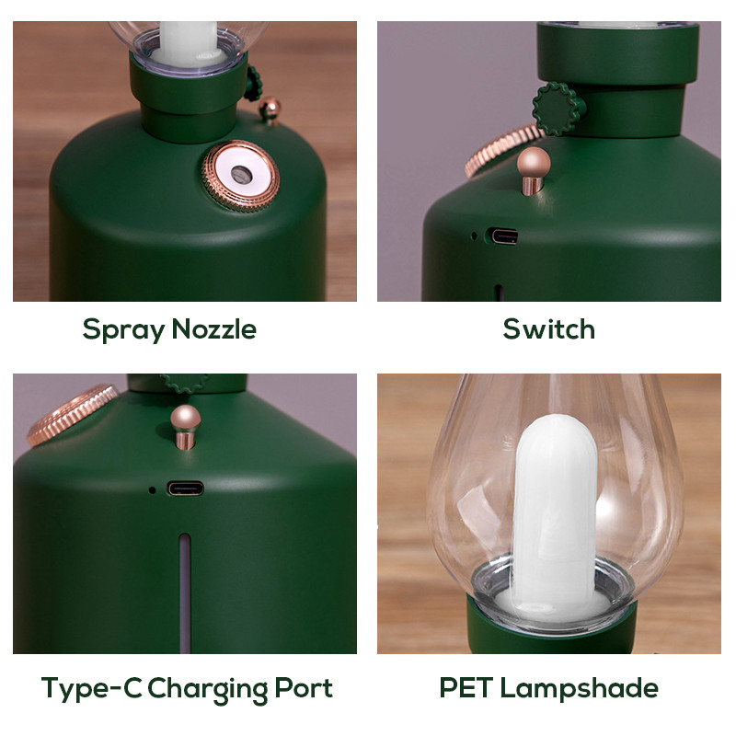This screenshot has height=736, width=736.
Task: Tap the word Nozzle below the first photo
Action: pyautogui.click(x=211, y=329)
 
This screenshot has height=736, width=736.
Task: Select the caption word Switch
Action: pyautogui.click(x=549, y=329)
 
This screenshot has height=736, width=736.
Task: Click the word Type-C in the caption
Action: pyautogui.click(x=90, y=688)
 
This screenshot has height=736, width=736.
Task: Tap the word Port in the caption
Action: pyautogui.click(x=304, y=688)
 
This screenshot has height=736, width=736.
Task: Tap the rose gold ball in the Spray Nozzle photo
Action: pyautogui.click(x=270, y=109)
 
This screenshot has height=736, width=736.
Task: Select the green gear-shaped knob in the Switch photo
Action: pyautogui.click(x=558, y=109)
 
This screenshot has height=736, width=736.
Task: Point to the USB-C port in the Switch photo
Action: pyautogui.click(x=503, y=236)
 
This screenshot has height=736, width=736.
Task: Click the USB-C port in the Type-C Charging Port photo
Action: pyautogui.click(x=185, y=488)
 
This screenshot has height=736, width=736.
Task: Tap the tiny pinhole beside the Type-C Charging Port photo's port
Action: pyautogui.click(x=152, y=489)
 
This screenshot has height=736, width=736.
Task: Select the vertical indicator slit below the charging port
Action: pyautogui.click(x=185, y=589)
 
